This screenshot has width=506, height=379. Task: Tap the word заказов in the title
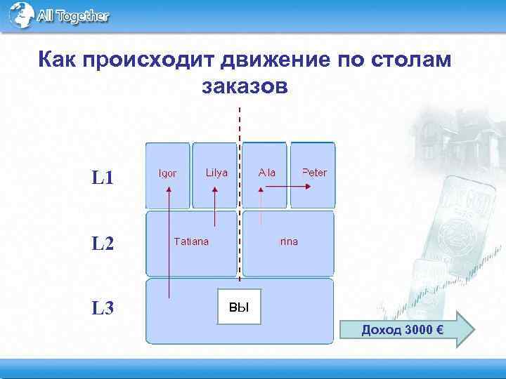[x=244, y=88]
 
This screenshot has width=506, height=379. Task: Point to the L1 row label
[x=103, y=177]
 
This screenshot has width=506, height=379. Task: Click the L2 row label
[x=103, y=244]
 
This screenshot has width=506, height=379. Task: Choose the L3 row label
[x=103, y=308]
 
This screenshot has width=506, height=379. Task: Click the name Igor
[x=167, y=173]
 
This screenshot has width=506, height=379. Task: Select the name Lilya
[x=216, y=173]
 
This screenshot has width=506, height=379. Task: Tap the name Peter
[x=314, y=173]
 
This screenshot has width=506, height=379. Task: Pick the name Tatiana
[x=191, y=241]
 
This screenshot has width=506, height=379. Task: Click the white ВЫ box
[x=239, y=307]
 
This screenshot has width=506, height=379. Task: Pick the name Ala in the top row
[x=267, y=173]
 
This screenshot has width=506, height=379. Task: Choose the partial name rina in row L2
[x=289, y=241]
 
